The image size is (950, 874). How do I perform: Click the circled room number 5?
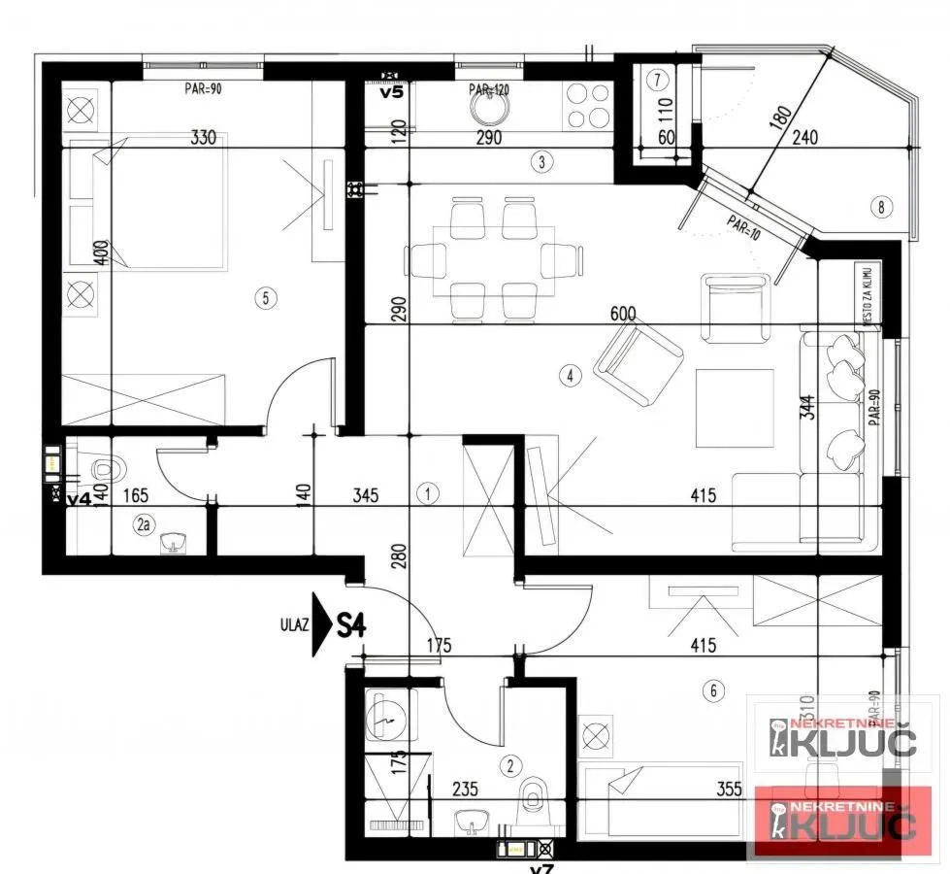[x=265, y=298]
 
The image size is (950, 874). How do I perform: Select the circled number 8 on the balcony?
[x=881, y=206]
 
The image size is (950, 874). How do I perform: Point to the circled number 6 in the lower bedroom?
[x=714, y=690]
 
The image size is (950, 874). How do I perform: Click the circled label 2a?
[x=145, y=525]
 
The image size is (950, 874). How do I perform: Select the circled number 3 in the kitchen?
[x=543, y=162]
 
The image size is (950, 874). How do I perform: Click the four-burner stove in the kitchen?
[x=587, y=105]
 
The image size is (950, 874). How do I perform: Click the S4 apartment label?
[x=351, y=624]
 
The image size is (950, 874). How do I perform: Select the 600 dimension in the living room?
[x=623, y=314]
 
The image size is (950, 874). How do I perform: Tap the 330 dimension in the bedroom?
[x=202, y=138]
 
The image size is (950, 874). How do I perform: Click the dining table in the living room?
[x=493, y=260]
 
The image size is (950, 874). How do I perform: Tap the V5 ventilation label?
[x=391, y=93]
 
